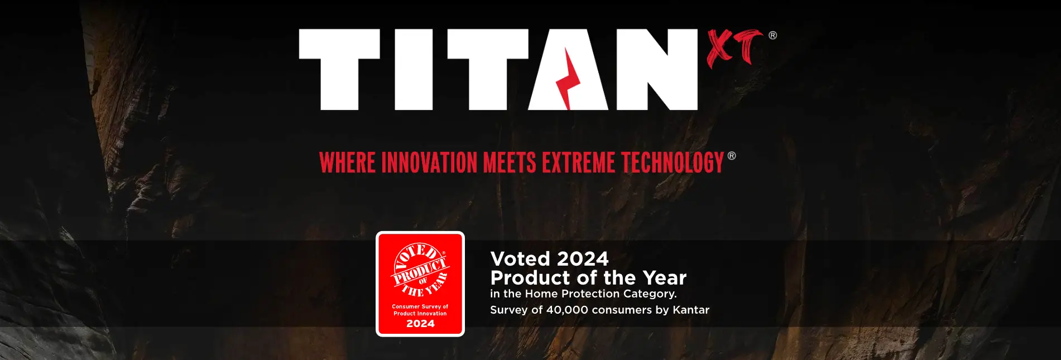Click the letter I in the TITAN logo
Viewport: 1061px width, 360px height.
pos(414,70)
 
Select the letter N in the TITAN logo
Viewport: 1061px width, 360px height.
pos(657,70)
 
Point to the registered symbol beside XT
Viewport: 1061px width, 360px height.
pos(772,35)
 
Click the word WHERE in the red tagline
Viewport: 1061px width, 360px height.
pos(347,163)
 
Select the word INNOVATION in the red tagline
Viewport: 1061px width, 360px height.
pos(429,163)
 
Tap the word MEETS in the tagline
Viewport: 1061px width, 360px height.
pos(510,163)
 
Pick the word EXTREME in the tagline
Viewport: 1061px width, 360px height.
pos(579,163)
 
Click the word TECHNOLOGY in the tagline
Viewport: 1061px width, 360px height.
pos(673,163)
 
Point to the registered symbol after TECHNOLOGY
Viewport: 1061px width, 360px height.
pos(732,156)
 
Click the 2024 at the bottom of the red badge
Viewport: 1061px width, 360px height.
pos(420,324)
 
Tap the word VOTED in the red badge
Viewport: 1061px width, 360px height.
pos(417,256)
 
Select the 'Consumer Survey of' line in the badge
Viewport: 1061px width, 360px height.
pos(420,306)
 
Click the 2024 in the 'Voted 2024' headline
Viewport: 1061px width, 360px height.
pos(583,259)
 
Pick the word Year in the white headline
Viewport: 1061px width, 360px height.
pos(664,278)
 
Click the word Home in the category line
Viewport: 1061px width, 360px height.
pos(541,294)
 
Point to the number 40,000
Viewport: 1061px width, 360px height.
pos(567,310)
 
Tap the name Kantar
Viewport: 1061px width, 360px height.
pos(691,310)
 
